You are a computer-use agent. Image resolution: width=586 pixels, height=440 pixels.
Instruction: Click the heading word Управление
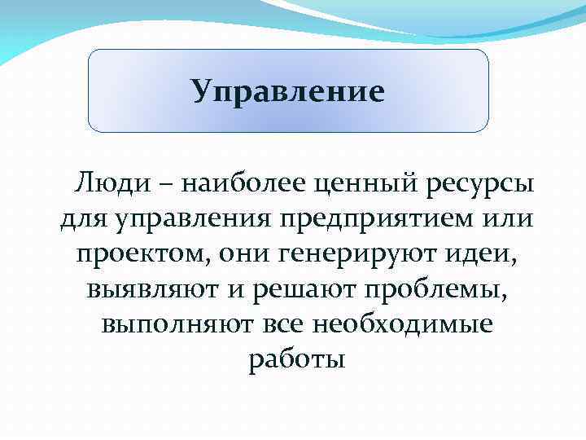(287, 91)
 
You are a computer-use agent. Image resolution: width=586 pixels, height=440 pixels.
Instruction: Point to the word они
(247, 253)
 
